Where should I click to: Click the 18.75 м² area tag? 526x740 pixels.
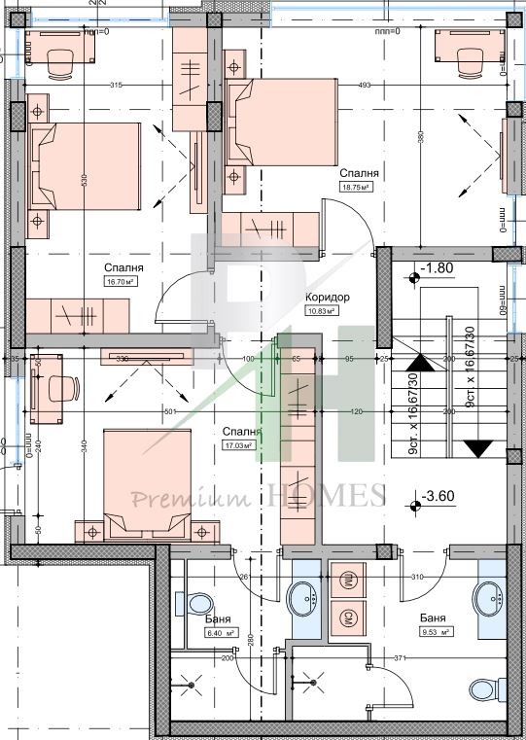pos(359,188)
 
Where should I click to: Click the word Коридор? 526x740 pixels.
pos(328,298)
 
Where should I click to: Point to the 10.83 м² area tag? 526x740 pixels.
pos(322,311)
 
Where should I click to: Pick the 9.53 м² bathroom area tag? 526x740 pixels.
pos(435,632)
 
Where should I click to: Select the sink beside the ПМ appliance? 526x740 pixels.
pos(305,597)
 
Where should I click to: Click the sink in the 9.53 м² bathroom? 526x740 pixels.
pos(489,596)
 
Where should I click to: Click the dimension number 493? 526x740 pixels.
pos(366,86)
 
